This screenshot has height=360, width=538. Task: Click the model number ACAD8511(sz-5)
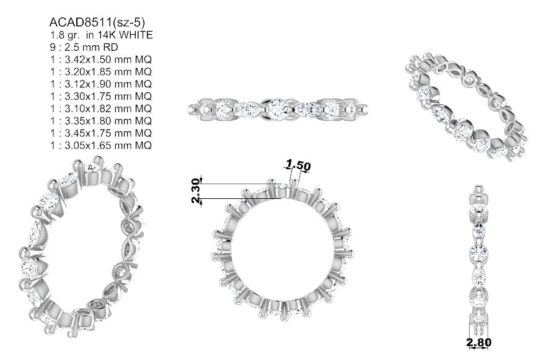point(97,23)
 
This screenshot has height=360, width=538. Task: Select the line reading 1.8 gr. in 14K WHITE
point(101,35)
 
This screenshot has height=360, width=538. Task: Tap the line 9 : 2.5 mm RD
point(84,47)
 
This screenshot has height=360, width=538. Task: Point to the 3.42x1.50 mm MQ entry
point(101,59)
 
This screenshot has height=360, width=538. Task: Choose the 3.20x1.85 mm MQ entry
point(101,72)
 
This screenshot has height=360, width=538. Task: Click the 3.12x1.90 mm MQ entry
point(101,84)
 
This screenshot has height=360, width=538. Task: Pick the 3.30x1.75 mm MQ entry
point(101,96)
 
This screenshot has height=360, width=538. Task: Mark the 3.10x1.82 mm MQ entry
point(101,108)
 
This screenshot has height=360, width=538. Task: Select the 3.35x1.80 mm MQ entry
point(101,121)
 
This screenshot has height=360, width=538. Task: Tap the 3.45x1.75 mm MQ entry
point(101,133)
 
